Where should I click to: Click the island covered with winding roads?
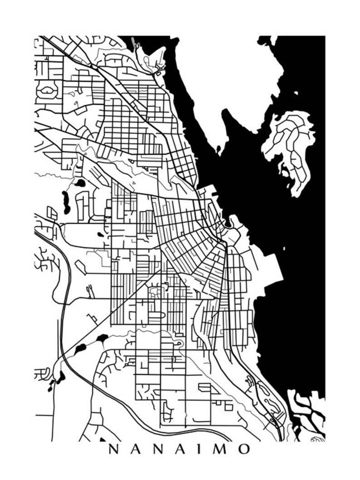[290, 145]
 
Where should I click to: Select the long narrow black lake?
[66, 202]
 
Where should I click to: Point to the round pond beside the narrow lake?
[80, 184]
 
